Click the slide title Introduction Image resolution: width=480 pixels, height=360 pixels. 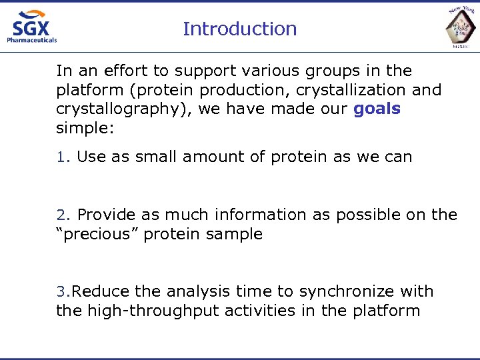[239, 29]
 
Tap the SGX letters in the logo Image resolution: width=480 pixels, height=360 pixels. [31, 27]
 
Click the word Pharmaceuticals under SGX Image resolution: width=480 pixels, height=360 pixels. [31, 40]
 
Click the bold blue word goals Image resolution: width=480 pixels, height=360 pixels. [377, 109]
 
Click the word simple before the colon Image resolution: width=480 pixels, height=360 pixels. [83, 128]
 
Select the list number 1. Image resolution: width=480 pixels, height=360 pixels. [61, 157]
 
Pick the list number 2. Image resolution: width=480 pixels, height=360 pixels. [61, 215]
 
